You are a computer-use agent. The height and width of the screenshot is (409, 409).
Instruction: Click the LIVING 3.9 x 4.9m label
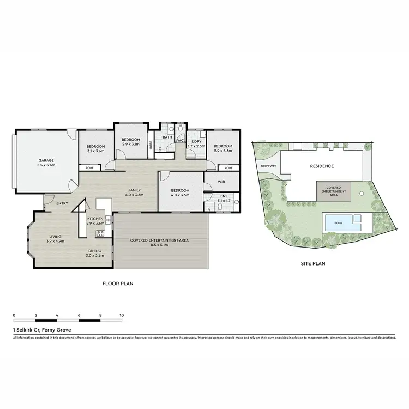pos(55,238)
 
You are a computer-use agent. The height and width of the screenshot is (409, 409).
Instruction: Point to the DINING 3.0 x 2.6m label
pos(97,252)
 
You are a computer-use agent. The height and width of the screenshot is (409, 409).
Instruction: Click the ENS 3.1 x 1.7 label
pos(224,197)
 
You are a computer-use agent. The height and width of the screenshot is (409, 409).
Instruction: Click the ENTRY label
pos(62,204)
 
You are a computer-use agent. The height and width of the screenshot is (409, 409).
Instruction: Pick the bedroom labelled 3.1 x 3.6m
pos(95,148)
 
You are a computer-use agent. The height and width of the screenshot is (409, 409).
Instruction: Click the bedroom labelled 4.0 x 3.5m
pos(180,192)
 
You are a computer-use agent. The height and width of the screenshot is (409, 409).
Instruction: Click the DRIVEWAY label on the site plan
pos(270,166)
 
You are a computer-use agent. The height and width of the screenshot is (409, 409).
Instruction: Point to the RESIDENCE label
pos(322,166)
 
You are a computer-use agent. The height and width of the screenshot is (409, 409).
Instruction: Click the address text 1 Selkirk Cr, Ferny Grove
pos(41,330)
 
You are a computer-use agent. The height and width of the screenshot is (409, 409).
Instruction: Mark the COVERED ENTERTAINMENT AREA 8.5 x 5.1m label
pos(161,243)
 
